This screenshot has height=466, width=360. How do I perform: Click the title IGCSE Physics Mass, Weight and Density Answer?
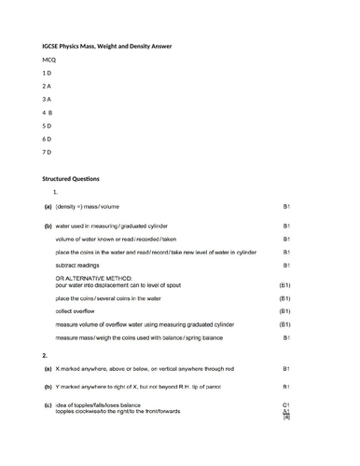click(x=113, y=46)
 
